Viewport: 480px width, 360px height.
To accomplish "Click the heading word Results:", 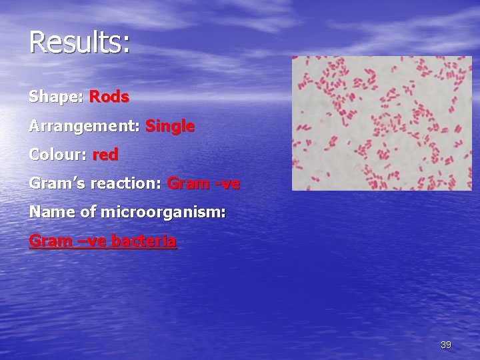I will point(79,43).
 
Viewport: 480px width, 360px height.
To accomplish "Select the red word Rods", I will point(109,97).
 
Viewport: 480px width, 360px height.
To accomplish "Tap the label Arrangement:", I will point(84,126).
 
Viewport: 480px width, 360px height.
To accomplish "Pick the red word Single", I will point(170,126).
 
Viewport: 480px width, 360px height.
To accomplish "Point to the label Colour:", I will point(58,155).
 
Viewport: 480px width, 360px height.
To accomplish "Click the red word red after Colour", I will point(105,155).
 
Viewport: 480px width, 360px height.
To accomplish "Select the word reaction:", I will point(127,183).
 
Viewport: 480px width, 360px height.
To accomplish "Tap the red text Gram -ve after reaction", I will point(203,183).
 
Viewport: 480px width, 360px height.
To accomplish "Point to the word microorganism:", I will point(163,212).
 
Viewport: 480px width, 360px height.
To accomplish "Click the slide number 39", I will point(446,345).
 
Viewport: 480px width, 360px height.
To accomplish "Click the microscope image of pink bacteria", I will point(381,123).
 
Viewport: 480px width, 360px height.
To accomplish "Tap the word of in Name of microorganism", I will point(88,212).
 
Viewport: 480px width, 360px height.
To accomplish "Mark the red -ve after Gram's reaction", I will point(227,183).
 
